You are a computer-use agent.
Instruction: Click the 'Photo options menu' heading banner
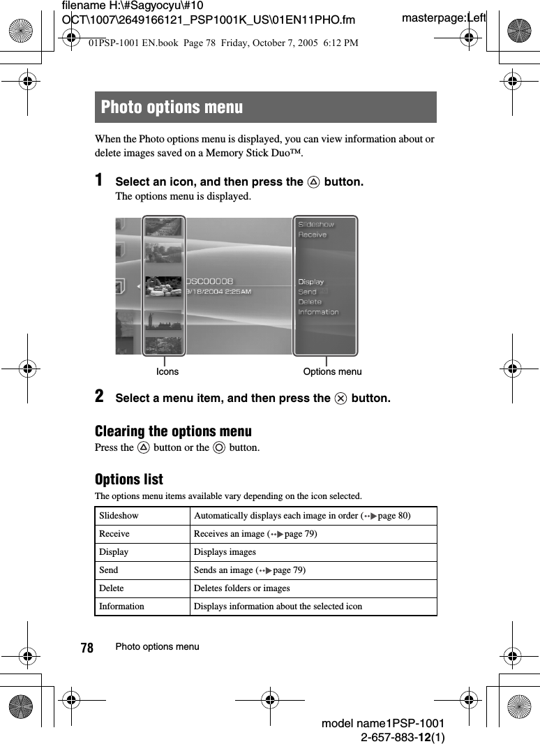(x=265, y=107)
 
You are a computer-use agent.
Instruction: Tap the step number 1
(x=100, y=180)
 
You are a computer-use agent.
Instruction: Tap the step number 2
(x=100, y=396)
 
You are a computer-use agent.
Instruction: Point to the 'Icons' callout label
(x=167, y=371)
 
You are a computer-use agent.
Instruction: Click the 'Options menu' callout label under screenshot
(x=332, y=371)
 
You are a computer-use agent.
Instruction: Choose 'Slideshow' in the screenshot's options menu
(x=316, y=224)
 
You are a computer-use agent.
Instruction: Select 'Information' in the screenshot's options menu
(x=318, y=312)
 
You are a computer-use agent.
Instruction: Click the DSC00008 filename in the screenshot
(x=209, y=281)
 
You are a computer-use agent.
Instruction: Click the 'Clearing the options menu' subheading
(x=173, y=431)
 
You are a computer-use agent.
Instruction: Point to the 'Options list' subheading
(x=129, y=479)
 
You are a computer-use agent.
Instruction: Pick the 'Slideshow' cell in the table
(x=119, y=516)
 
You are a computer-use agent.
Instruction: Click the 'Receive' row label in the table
(x=114, y=534)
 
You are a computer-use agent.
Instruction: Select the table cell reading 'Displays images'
(x=225, y=552)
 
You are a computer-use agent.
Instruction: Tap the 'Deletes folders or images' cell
(x=241, y=588)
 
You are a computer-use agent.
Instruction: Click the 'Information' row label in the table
(x=122, y=607)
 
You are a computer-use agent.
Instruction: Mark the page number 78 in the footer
(x=87, y=648)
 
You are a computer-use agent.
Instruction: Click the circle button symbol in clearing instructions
(x=219, y=447)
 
